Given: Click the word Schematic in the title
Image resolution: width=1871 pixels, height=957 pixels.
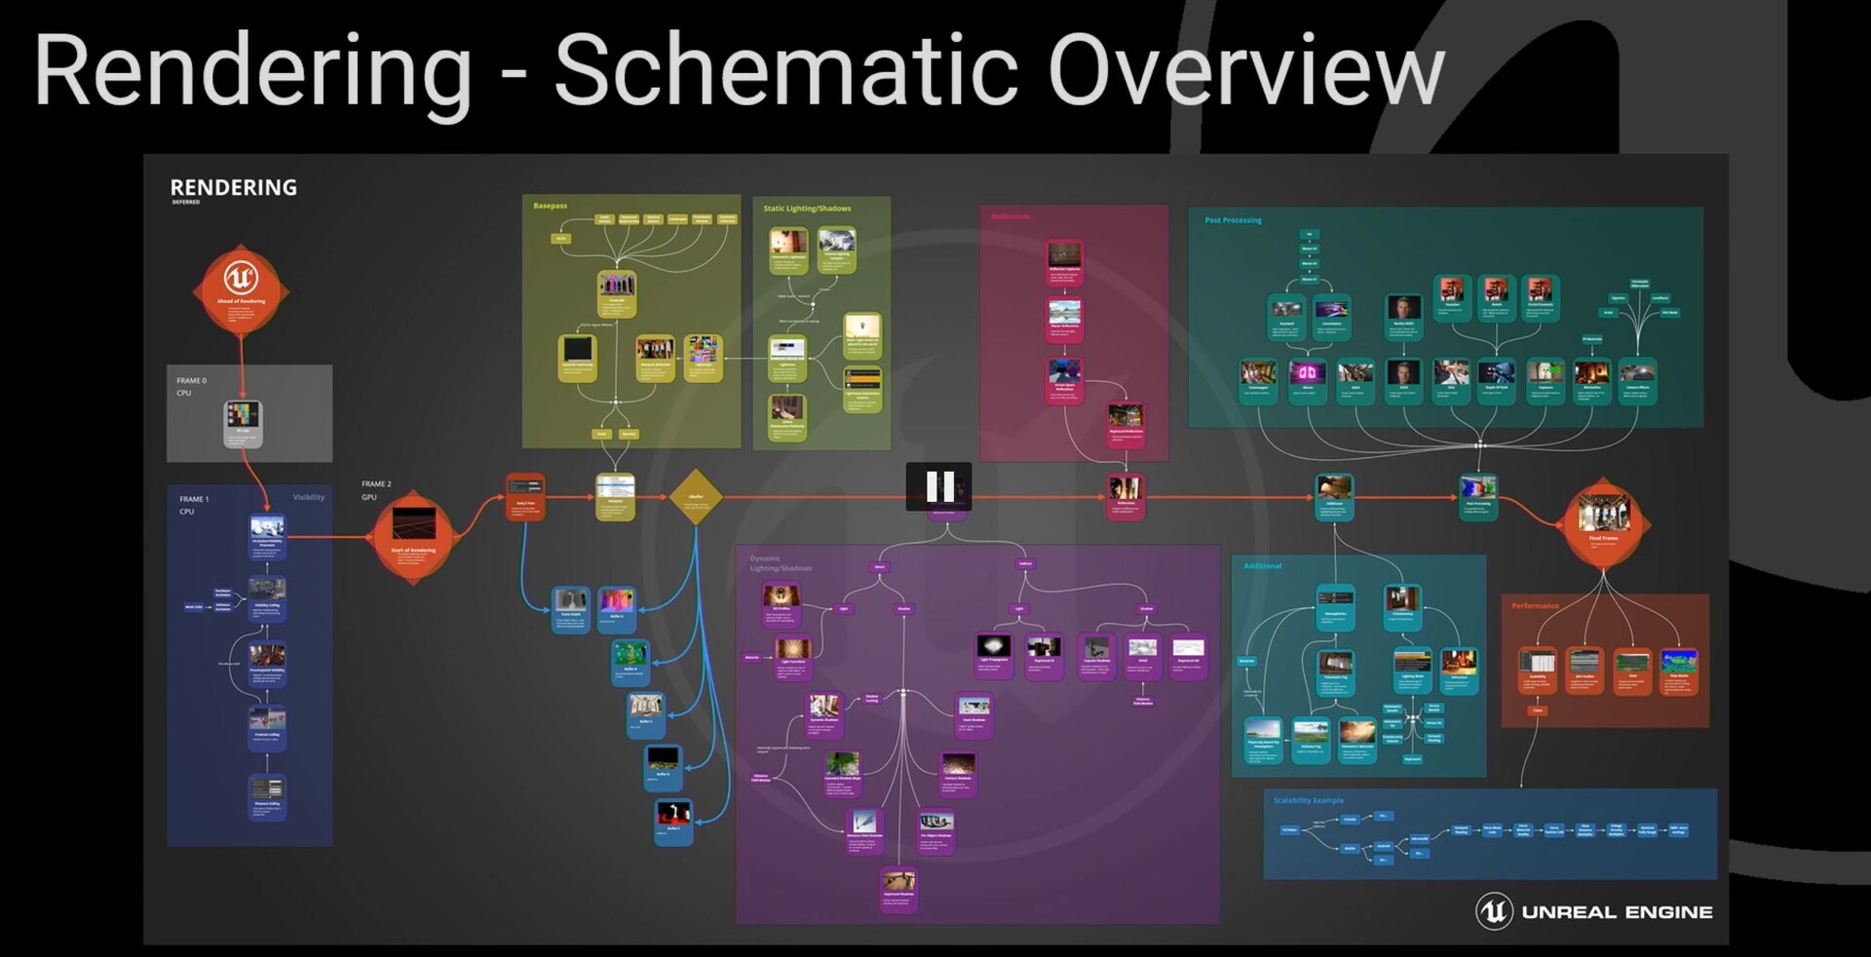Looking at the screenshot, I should [x=784, y=70].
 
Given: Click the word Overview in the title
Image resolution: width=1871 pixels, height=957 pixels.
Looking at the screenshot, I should [x=1245, y=70].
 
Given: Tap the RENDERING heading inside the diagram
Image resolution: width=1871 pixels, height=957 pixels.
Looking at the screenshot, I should [x=233, y=187].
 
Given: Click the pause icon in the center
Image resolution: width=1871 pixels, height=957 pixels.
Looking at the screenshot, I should [x=939, y=485].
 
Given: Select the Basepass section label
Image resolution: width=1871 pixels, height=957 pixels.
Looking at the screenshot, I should [x=550, y=206].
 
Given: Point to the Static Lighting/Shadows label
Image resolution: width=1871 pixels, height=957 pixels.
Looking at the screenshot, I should [x=807, y=209].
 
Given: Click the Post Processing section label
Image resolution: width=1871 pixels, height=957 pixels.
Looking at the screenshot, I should [x=1233, y=220].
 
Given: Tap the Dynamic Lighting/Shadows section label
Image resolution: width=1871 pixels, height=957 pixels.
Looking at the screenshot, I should [x=780, y=563].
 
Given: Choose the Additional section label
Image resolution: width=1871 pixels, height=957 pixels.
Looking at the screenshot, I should [x=1262, y=566].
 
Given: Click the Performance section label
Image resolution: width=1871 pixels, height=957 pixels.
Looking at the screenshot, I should [x=1535, y=606].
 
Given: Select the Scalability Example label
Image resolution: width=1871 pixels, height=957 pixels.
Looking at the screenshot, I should [x=1308, y=800].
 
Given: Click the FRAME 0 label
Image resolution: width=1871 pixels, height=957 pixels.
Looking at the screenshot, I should [x=191, y=380].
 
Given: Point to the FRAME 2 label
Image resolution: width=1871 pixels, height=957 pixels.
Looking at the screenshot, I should [x=376, y=483].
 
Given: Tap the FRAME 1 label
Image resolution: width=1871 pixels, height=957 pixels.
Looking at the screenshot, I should [x=193, y=499].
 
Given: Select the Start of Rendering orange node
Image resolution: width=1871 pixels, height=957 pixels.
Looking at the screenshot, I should [x=413, y=534].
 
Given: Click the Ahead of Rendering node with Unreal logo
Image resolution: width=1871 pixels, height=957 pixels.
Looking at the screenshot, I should [x=241, y=288].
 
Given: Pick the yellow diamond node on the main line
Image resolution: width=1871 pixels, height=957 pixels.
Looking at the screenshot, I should [x=696, y=496].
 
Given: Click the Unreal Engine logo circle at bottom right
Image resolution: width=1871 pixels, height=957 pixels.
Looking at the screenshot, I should [x=1493, y=911].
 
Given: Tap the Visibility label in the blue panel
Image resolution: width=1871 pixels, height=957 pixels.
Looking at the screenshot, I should [x=309, y=497].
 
